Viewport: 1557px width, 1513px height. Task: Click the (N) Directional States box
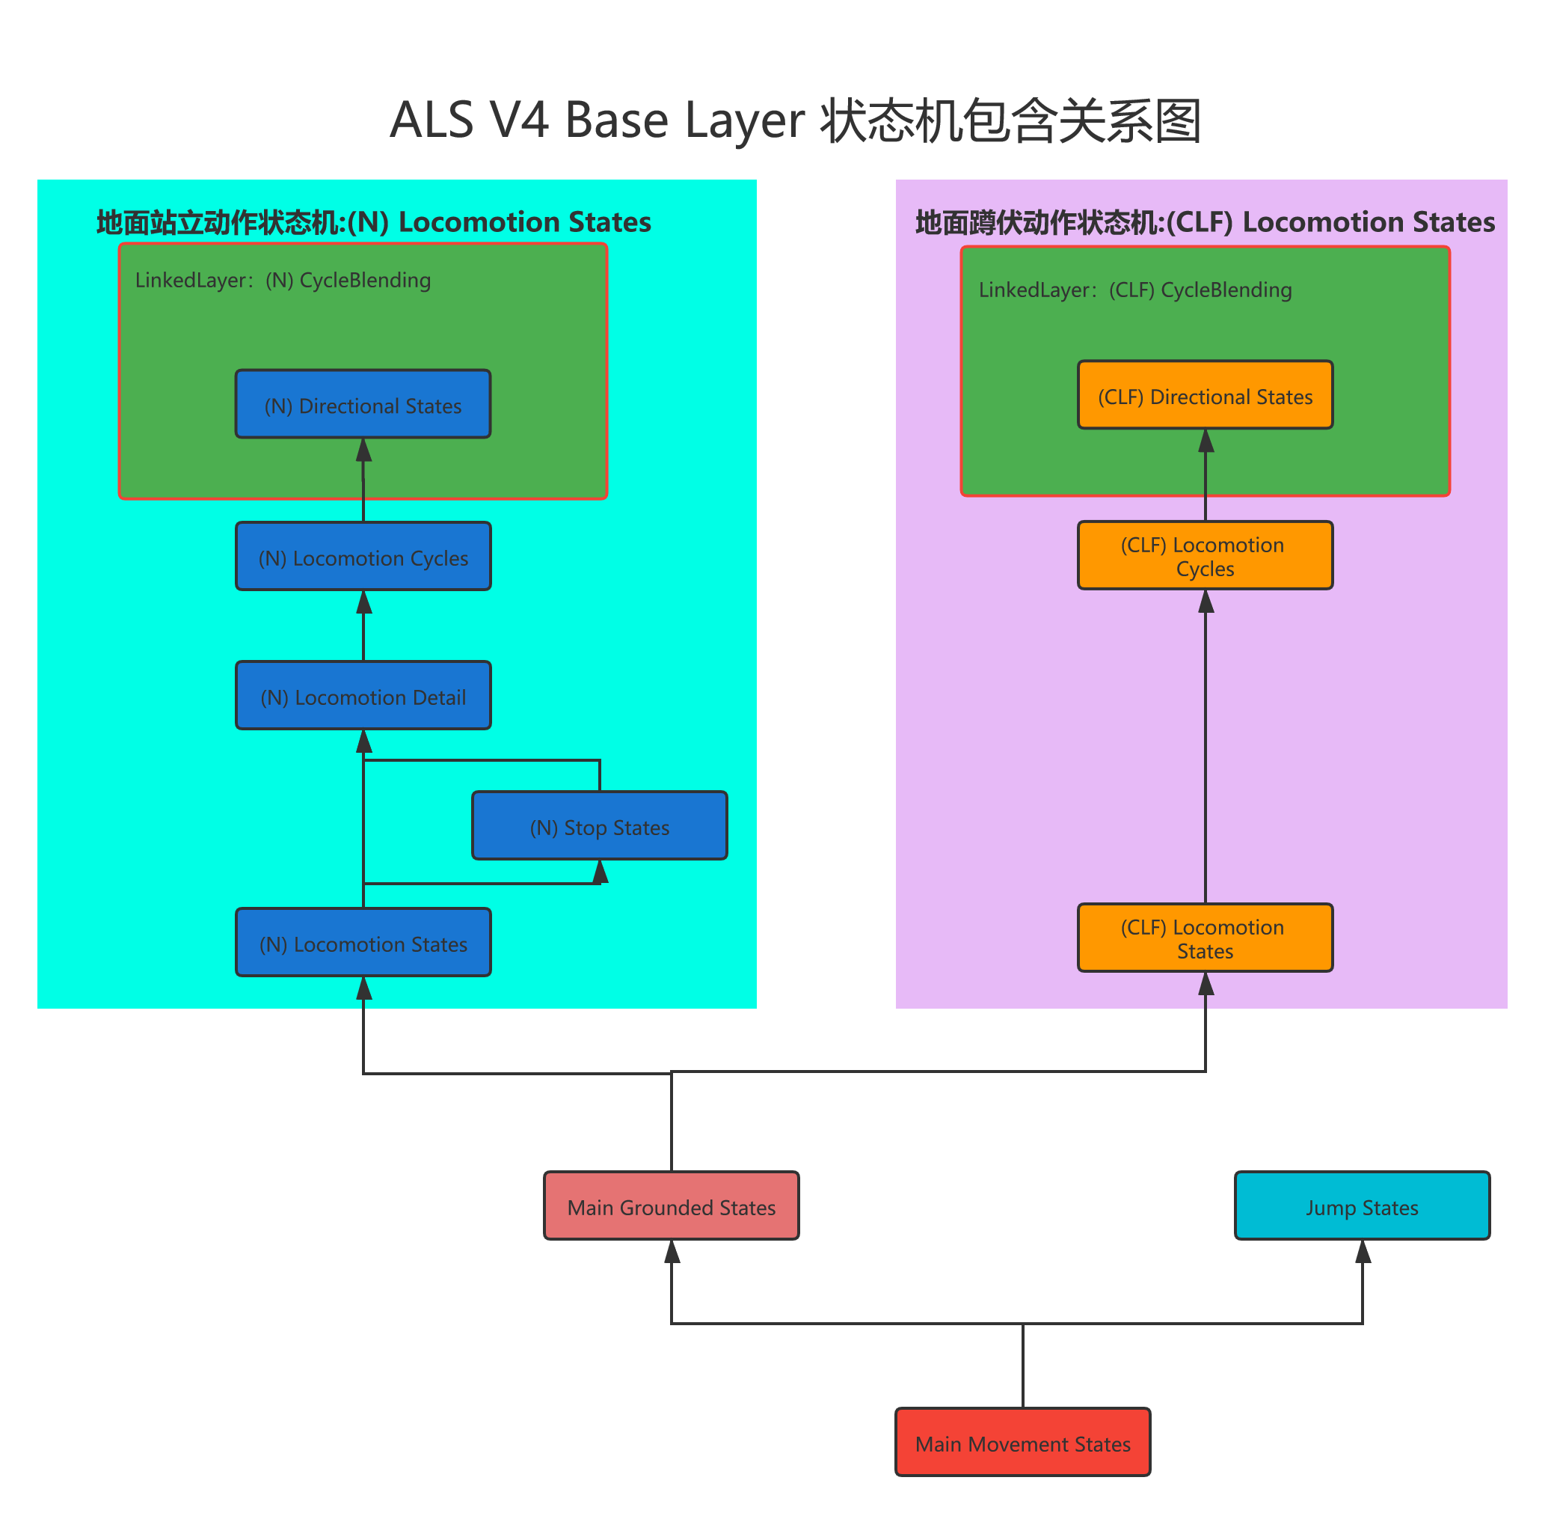coord(363,405)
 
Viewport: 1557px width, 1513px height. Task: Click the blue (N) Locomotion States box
coord(363,943)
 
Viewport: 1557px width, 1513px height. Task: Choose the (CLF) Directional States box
coord(1205,395)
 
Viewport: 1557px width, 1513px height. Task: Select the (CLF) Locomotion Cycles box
coord(1205,555)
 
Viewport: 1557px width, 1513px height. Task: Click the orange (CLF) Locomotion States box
coord(1205,938)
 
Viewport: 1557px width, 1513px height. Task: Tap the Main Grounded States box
coord(672,1205)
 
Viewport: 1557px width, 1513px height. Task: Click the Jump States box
coord(1363,1205)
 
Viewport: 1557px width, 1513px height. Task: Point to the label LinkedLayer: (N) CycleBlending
coord(283,281)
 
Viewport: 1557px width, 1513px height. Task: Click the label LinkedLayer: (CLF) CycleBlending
coord(1135,290)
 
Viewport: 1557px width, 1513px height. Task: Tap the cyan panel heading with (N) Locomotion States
coord(373,222)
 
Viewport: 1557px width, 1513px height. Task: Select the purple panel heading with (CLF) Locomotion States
coord(1205,222)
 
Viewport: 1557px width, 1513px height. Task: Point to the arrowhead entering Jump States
coord(1363,1253)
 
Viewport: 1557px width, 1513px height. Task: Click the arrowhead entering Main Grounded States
coord(672,1253)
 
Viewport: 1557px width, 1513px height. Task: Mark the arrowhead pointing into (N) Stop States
coord(601,872)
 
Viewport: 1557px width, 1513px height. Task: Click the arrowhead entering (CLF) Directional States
coord(1206,441)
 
